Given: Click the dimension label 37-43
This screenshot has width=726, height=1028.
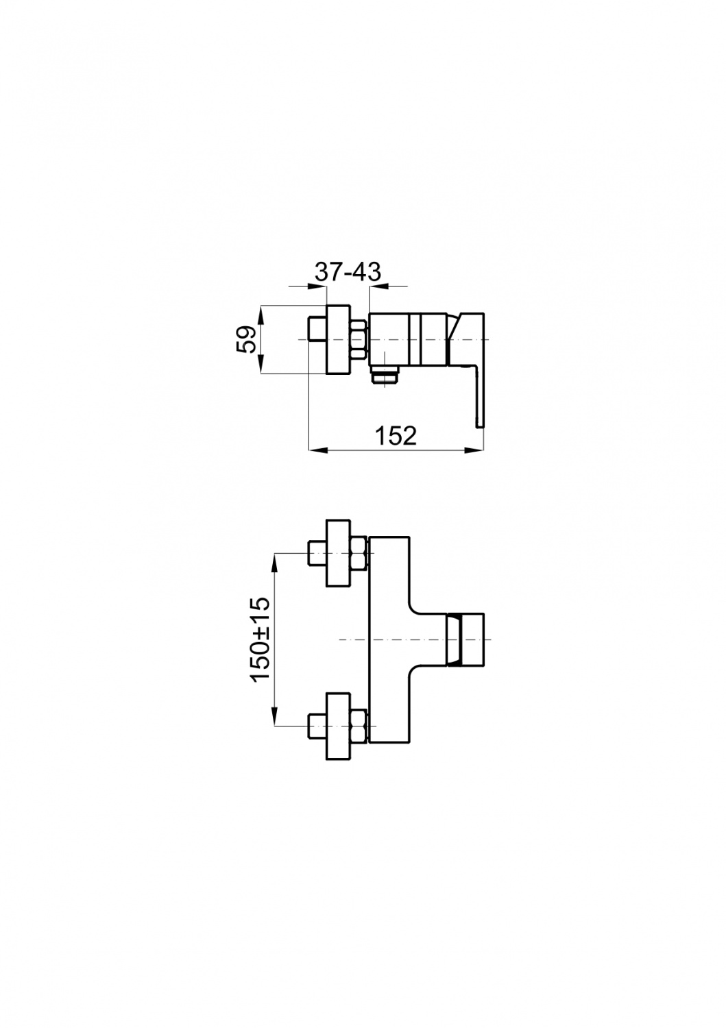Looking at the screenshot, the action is click(348, 273).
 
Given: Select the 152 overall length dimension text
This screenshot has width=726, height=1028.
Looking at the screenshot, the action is click(396, 435).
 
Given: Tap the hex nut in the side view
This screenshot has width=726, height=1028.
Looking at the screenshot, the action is click(359, 340).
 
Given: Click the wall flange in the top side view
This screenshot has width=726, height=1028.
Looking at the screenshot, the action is click(338, 339).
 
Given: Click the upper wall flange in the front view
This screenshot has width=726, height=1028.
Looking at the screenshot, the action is click(338, 553).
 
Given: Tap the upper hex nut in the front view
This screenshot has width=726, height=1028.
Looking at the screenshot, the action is click(359, 553).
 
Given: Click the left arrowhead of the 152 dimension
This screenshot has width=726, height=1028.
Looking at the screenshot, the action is click(316, 450).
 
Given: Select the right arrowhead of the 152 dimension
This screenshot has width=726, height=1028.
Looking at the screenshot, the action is click(476, 450).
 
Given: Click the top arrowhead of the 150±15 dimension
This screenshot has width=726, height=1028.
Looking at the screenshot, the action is click(274, 563).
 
